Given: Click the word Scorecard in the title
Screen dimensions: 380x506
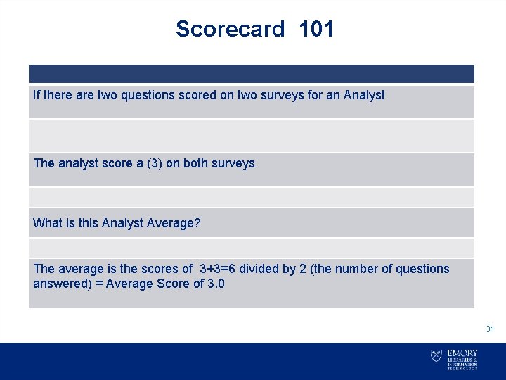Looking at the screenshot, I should [230, 30].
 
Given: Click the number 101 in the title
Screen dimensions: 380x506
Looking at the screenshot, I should [316, 30].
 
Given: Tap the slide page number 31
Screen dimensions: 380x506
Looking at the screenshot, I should [490, 329].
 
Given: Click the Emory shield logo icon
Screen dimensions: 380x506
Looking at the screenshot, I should [436, 356].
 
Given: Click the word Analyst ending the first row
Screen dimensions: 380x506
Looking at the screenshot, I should [364, 95].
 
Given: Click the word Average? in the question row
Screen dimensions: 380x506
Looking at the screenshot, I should [174, 223].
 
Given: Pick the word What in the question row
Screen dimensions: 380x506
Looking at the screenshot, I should [48, 223].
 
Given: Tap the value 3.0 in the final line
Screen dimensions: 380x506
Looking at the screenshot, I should [215, 284].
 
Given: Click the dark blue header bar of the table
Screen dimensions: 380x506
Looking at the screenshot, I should [252, 74].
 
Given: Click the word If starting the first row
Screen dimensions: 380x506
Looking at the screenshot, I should [37, 95].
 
